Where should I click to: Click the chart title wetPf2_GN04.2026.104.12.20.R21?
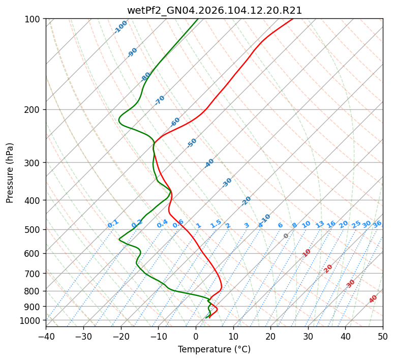click(x=214, y=11)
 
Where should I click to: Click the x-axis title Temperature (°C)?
click(x=214, y=350)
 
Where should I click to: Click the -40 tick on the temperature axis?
click(x=46, y=337)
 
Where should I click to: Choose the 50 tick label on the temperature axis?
click(x=383, y=337)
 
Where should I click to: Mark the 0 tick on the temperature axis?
click(x=196, y=337)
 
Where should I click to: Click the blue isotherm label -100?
click(x=121, y=27)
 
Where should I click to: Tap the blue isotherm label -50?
click(x=192, y=143)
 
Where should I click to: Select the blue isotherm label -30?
click(x=227, y=183)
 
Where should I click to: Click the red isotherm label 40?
click(x=373, y=299)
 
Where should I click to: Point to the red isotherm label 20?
click(x=328, y=268)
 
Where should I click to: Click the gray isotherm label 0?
click(x=286, y=236)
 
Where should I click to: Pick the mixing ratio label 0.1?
click(x=113, y=223)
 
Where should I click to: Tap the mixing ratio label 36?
click(x=377, y=224)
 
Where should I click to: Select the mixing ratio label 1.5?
click(x=216, y=223)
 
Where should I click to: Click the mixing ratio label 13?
click(x=320, y=224)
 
